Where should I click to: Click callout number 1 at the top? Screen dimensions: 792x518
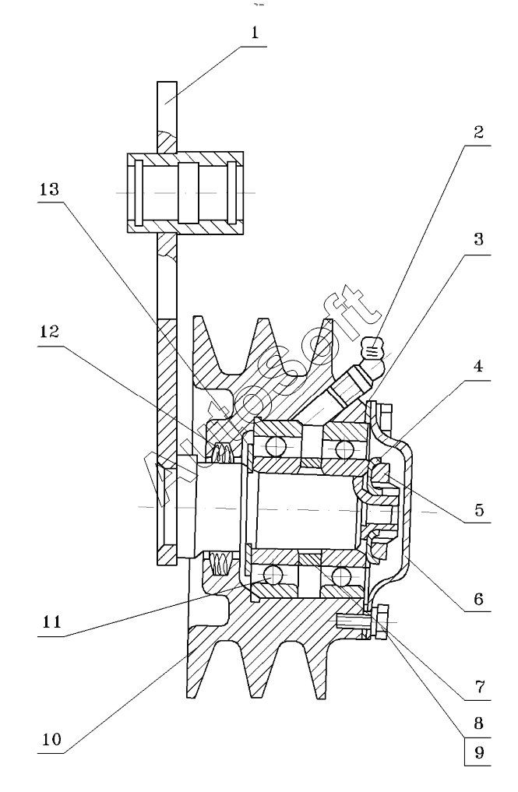(254, 35)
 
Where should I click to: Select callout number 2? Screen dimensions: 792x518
(478, 131)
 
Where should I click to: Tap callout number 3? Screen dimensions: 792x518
(478, 239)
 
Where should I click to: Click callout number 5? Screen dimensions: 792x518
(478, 511)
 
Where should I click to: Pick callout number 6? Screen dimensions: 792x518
(478, 599)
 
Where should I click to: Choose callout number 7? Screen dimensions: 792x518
(478, 688)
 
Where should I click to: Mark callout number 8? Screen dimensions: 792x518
(478, 722)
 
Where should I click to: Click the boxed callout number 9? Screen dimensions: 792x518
(479, 753)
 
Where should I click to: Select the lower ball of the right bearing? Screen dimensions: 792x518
(340, 576)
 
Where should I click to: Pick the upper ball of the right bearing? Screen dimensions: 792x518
(340, 446)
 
